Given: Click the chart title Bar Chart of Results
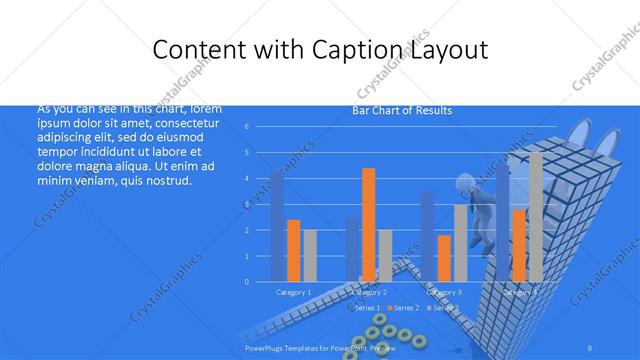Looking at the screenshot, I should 402,110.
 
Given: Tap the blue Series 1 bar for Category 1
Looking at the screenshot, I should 277,226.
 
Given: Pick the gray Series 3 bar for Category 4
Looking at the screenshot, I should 535,216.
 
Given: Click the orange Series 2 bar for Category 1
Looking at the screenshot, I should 293,250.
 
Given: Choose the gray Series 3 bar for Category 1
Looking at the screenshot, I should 309,255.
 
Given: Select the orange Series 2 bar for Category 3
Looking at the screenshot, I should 444,258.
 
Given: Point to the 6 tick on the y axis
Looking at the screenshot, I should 246,127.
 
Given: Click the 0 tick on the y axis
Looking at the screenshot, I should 246,282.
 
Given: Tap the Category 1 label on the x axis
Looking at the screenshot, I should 293,292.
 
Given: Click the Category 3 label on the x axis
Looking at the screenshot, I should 444,292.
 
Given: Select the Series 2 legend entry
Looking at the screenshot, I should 404,307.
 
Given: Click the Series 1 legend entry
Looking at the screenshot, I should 366,307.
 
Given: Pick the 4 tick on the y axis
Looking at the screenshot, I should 246,179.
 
